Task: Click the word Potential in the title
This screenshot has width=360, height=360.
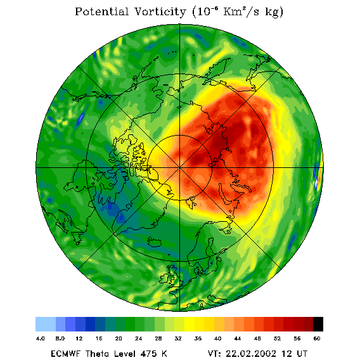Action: [x=101, y=11]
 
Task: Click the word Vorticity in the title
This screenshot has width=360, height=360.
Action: [x=160, y=11]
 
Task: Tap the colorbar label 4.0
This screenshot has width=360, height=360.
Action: [x=41, y=338]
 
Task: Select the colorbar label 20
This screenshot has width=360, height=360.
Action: [x=119, y=338]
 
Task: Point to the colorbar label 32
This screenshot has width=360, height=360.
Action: [x=178, y=338]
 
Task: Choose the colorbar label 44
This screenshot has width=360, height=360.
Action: [x=238, y=338]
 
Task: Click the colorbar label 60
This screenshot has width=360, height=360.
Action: [x=317, y=338]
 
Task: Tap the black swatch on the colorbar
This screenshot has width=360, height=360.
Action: [x=318, y=324]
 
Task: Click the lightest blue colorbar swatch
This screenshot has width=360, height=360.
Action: [x=46, y=324]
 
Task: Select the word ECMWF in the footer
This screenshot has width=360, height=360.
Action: [x=66, y=353]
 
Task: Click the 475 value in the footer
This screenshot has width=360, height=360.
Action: [x=150, y=353]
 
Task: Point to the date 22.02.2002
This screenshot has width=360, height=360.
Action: [x=251, y=353]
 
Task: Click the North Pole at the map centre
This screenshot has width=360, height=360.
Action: [x=179, y=168]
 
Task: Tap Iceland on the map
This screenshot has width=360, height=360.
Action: [x=154, y=242]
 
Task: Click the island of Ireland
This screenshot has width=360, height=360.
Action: [x=164, y=278]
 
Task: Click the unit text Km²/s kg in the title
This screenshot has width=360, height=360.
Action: [x=252, y=12]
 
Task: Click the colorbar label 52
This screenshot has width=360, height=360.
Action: [x=277, y=338]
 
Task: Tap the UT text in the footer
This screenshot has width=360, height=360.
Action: [x=301, y=353]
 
